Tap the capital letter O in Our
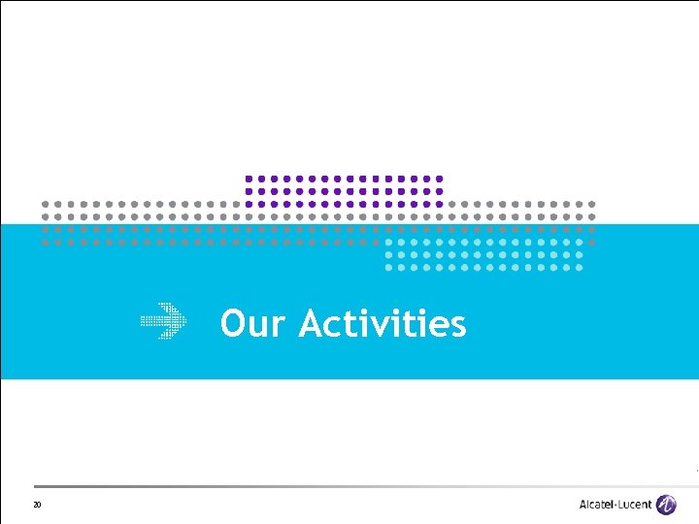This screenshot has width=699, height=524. pos(234,323)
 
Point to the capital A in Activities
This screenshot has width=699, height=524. pos(312,323)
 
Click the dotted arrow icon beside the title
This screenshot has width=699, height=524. pos(164,321)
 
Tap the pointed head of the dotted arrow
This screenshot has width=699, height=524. pos(181,321)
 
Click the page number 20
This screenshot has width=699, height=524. pos(37,505)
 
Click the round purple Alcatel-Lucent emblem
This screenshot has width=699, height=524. pos(667,505)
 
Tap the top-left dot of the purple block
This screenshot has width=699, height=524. pos(249,179)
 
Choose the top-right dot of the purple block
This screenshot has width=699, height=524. pos(440,179)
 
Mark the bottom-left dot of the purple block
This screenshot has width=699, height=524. pos(249,204)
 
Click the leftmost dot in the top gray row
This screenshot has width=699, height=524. pos(45,204)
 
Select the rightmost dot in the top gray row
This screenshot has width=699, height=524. pos(592,204)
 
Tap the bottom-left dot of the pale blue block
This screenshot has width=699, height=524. pos(388,266)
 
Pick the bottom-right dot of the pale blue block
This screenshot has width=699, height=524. pos(580,266)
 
